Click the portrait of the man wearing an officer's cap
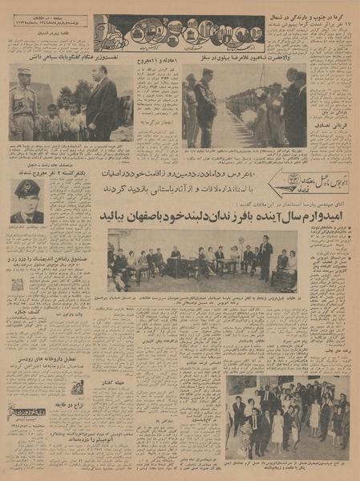(27, 200)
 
